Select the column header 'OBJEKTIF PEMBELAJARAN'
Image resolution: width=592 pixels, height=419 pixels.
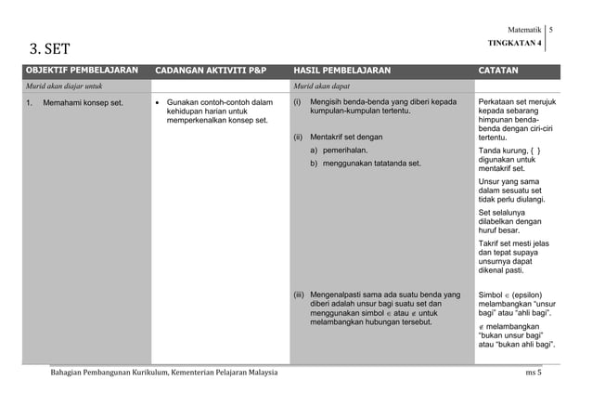click(x=82, y=71)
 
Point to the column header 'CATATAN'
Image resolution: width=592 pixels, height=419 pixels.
click(x=498, y=71)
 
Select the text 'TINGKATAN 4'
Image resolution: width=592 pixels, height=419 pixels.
click(x=514, y=44)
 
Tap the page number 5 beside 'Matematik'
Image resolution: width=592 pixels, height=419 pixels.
click(x=551, y=31)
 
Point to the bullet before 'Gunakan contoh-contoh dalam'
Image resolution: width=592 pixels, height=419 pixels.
click(x=160, y=101)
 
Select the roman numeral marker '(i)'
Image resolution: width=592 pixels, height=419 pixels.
click(x=298, y=101)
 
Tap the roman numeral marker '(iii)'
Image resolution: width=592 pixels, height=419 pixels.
click(x=300, y=295)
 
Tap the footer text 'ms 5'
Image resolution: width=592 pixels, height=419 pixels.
click(x=534, y=373)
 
